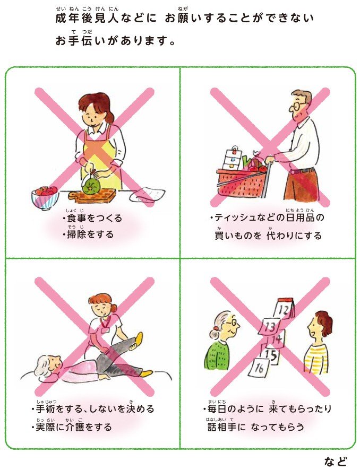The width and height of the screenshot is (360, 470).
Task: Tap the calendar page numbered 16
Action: [x=260, y=367]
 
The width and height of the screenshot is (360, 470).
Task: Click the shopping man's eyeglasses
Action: [x=298, y=106]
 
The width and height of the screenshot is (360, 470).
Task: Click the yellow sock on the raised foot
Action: [x=139, y=337]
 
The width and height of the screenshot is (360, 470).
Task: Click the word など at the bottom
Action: [x=336, y=460]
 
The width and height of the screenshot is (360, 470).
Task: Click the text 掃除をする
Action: [x=90, y=233]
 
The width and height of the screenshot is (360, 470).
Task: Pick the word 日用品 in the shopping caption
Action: [x=298, y=218]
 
